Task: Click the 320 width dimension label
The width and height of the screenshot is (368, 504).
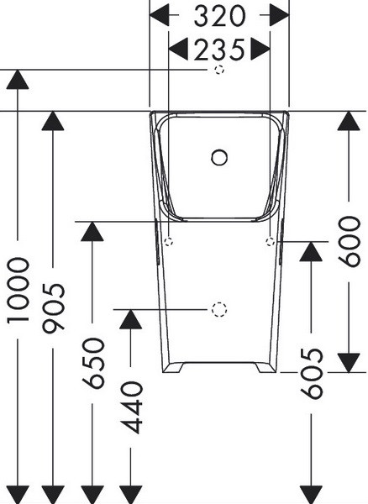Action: pos(219,16)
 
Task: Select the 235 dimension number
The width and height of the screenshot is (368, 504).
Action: pos(219,50)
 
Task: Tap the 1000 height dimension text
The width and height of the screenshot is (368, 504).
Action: pos(18,290)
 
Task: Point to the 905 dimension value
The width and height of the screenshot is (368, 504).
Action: pos(54,308)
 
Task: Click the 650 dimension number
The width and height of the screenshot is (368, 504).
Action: pos(93,362)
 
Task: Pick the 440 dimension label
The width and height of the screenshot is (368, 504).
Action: pos(132,407)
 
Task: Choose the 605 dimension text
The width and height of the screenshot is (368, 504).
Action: pos(311,373)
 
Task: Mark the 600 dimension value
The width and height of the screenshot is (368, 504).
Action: pos(350,242)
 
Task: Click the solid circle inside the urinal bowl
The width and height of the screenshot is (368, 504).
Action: pos(219,158)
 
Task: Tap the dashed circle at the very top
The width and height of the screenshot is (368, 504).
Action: pos(219,70)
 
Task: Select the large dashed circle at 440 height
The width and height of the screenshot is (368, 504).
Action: pos(219,310)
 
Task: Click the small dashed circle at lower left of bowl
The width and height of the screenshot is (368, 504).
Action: pos(169,241)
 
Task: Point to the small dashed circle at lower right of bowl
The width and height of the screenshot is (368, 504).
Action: pos(271,241)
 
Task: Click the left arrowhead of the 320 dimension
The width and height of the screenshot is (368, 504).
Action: pos(160,15)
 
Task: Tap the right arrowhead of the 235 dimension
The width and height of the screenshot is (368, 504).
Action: pos(260,50)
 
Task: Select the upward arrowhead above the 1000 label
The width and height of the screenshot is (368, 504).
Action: pos(18,80)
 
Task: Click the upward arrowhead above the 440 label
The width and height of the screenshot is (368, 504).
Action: pos(130,319)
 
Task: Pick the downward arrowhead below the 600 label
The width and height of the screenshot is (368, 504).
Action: pos(350,363)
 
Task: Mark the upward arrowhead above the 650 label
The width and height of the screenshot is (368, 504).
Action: pos(92,232)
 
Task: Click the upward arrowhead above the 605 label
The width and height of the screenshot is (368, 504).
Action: pos(311,251)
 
